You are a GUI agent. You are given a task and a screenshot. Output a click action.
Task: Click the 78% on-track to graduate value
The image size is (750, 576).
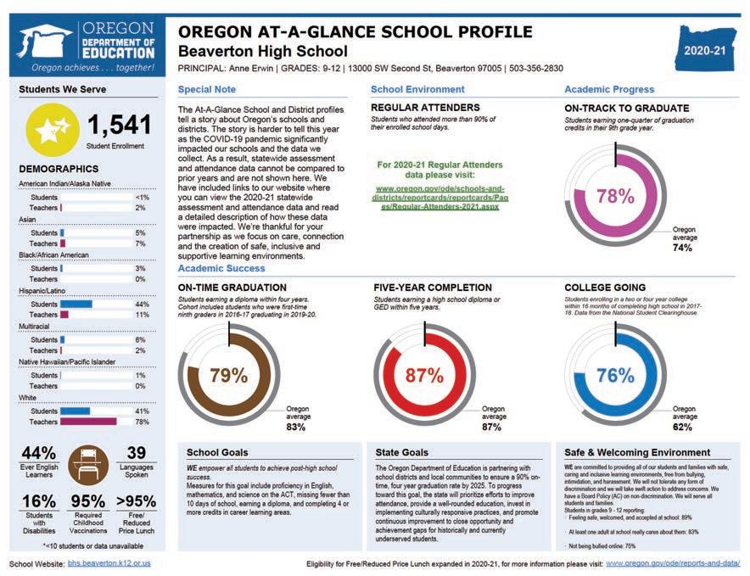[615, 196]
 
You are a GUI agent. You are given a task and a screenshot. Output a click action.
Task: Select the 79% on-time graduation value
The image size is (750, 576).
[227, 375]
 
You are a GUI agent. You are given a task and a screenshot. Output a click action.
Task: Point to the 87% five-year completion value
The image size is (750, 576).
[424, 375]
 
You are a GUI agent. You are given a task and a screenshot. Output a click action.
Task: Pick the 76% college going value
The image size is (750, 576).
[615, 375]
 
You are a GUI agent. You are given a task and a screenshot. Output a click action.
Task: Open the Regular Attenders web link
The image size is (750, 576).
[439, 197]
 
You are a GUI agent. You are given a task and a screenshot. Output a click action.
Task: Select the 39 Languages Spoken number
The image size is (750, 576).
[136, 455]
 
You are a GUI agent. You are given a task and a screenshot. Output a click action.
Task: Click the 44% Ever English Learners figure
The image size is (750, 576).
[38, 455]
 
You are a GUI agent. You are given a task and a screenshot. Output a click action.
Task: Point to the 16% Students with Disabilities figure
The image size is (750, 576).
[38, 501]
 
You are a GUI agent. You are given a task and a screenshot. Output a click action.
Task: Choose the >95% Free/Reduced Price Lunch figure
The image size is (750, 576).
[136, 501]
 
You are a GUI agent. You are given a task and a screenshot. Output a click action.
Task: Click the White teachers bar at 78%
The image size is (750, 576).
[87, 422]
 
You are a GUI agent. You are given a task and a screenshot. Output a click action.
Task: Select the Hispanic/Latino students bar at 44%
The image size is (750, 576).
[76, 304]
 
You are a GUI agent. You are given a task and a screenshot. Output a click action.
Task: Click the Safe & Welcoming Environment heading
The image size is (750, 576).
[637, 452]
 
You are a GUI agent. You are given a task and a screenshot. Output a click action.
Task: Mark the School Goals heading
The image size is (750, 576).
[217, 452]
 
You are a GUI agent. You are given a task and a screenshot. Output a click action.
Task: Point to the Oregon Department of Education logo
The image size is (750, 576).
[87, 46]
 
